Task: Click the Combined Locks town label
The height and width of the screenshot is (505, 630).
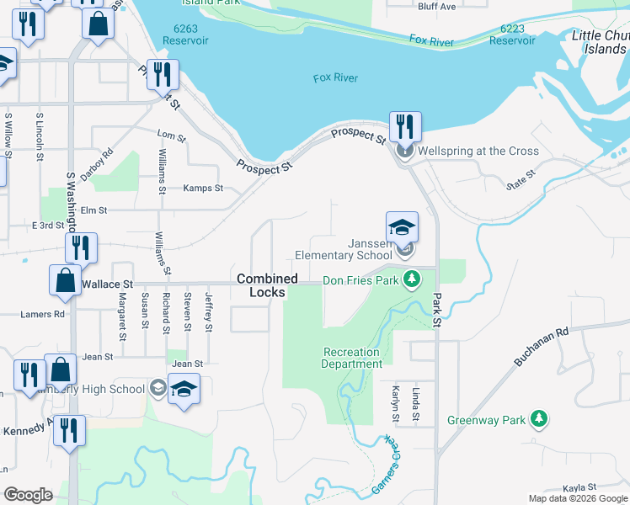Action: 267,285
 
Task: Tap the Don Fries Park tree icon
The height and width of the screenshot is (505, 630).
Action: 411,279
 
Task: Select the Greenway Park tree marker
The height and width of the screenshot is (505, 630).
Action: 540,419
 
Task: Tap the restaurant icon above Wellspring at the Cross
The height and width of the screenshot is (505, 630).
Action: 405,129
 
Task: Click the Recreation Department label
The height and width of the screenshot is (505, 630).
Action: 351,358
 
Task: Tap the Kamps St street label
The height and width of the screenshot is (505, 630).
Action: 203,189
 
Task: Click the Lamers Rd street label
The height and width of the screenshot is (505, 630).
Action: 42,315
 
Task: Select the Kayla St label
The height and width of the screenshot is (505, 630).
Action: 579,487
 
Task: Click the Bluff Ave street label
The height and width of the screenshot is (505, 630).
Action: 436,6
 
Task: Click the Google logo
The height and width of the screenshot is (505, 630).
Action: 29,495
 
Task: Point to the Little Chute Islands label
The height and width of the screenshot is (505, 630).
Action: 600,41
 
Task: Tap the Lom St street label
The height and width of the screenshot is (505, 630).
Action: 171,135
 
